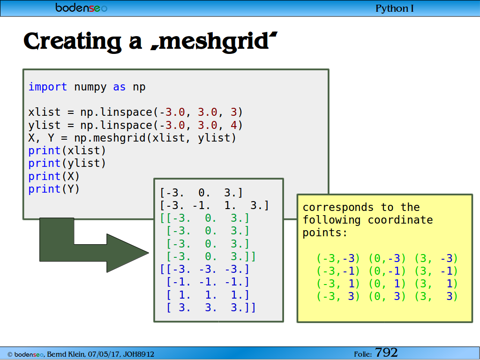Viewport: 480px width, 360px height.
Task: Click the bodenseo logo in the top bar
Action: tap(81, 7)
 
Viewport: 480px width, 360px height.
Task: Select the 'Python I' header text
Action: tap(394, 8)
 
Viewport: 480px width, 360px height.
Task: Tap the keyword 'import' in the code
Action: tap(47, 87)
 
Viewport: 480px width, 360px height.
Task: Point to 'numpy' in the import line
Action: tap(90, 88)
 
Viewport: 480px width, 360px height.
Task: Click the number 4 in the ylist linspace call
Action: tap(233, 125)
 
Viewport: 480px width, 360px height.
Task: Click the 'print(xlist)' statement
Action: tap(67, 150)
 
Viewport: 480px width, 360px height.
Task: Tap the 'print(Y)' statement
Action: tap(54, 189)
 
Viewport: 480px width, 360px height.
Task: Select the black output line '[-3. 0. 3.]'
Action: tap(202, 193)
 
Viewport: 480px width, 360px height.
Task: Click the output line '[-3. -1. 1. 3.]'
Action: tap(214, 205)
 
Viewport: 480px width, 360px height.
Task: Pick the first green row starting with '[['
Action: tap(204, 218)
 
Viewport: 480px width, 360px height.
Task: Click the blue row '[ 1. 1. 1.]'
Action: tap(208, 295)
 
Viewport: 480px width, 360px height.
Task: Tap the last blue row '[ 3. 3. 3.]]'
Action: tap(211, 307)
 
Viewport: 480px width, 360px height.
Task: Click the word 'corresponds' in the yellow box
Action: tap(338, 208)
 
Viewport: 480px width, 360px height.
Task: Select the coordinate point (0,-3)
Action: tap(387, 258)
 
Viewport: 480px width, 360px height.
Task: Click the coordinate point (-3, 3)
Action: tap(338, 296)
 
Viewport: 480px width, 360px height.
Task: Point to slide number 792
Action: tap(386, 352)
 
